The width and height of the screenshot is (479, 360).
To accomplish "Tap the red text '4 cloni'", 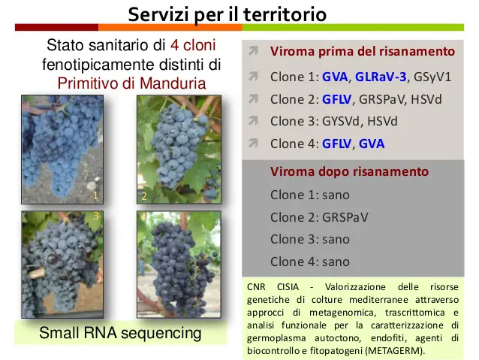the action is click(x=193, y=45).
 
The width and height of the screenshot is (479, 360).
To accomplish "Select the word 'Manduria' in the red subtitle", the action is click(x=173, y=83).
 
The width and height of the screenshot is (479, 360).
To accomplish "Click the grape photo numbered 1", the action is click(x=62, y=150).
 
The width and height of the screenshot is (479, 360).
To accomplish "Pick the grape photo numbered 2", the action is click(x=179, y=150).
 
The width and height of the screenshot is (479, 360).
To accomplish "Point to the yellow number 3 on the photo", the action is click(x=96, y=216).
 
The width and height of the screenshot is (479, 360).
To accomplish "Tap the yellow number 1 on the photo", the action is click(x=95, y=195).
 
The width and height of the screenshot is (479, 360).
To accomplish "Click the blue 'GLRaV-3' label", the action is click(x=381, y=77).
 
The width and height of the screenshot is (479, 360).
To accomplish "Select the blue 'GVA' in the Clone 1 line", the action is click(x=335, y=77).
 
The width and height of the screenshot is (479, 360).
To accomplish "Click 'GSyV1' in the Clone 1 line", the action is click(x=432, y=77).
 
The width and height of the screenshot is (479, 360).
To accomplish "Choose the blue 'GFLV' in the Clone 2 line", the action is click(x=336, y=99).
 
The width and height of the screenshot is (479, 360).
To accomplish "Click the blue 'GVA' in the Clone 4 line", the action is click(x=372, y=144).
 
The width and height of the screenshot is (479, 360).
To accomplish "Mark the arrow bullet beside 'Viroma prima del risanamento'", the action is click(x=253, y=50).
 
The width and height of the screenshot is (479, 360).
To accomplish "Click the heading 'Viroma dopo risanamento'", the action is click(x=349, y=171).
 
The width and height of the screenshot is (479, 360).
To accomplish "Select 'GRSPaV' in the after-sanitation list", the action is click(x=345, y=217).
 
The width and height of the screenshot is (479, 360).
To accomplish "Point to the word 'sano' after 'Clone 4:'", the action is click(x=336, y=262).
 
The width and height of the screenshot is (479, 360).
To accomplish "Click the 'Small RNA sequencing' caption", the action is click(x=120, y=333).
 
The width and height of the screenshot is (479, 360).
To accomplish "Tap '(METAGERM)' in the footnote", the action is click(x=395, y=350).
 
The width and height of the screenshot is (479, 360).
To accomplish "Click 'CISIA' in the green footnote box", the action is click(x=288, y=287).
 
